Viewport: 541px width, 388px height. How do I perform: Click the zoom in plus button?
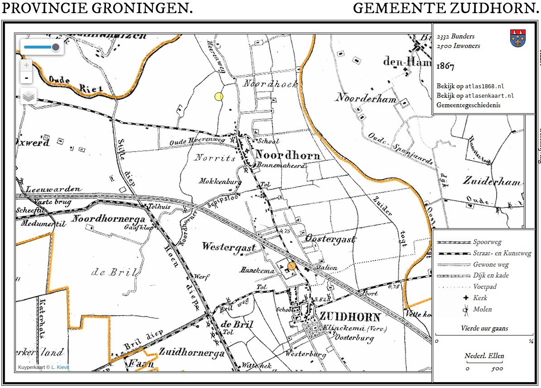pyautogui.click(x=26, y=65)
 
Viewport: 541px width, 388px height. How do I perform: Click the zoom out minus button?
pyautogui.click(x=26, y=78)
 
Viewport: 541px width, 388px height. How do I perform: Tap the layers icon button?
pyautogui.click(x=29, y=96)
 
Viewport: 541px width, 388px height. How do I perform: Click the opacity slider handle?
pyautogui.click(x=56, y=47)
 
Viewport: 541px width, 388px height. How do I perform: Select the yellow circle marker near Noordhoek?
pyautogui.click(x=219, y=96)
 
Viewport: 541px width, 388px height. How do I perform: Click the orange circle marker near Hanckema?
pyautogui.click(x=292, y=266)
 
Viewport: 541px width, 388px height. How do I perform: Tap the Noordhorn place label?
pyautogui.click(x=287, y=155)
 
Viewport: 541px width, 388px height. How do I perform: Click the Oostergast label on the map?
pyautogui.click(x=330, y=239)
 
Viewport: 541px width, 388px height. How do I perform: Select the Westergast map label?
pyautogui.click(x=229, y=247)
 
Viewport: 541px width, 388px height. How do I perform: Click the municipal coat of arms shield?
pyautogui.click(x=517, y=38)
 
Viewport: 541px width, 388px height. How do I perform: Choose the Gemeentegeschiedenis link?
pyautogui.click(x=468, y=105)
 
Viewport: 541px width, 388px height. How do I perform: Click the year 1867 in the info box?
pyautogui.click(x=445, y=66)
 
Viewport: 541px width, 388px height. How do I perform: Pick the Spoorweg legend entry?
pyautogui.click(x=487, y=242)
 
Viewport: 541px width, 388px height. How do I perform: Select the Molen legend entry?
pyautogui.click(x=482, y=309)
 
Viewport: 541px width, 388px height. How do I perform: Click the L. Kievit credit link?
pyautogui.click(x=60, y=367)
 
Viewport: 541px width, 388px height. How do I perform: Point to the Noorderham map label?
pyautogui.click(x=366, y=98)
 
